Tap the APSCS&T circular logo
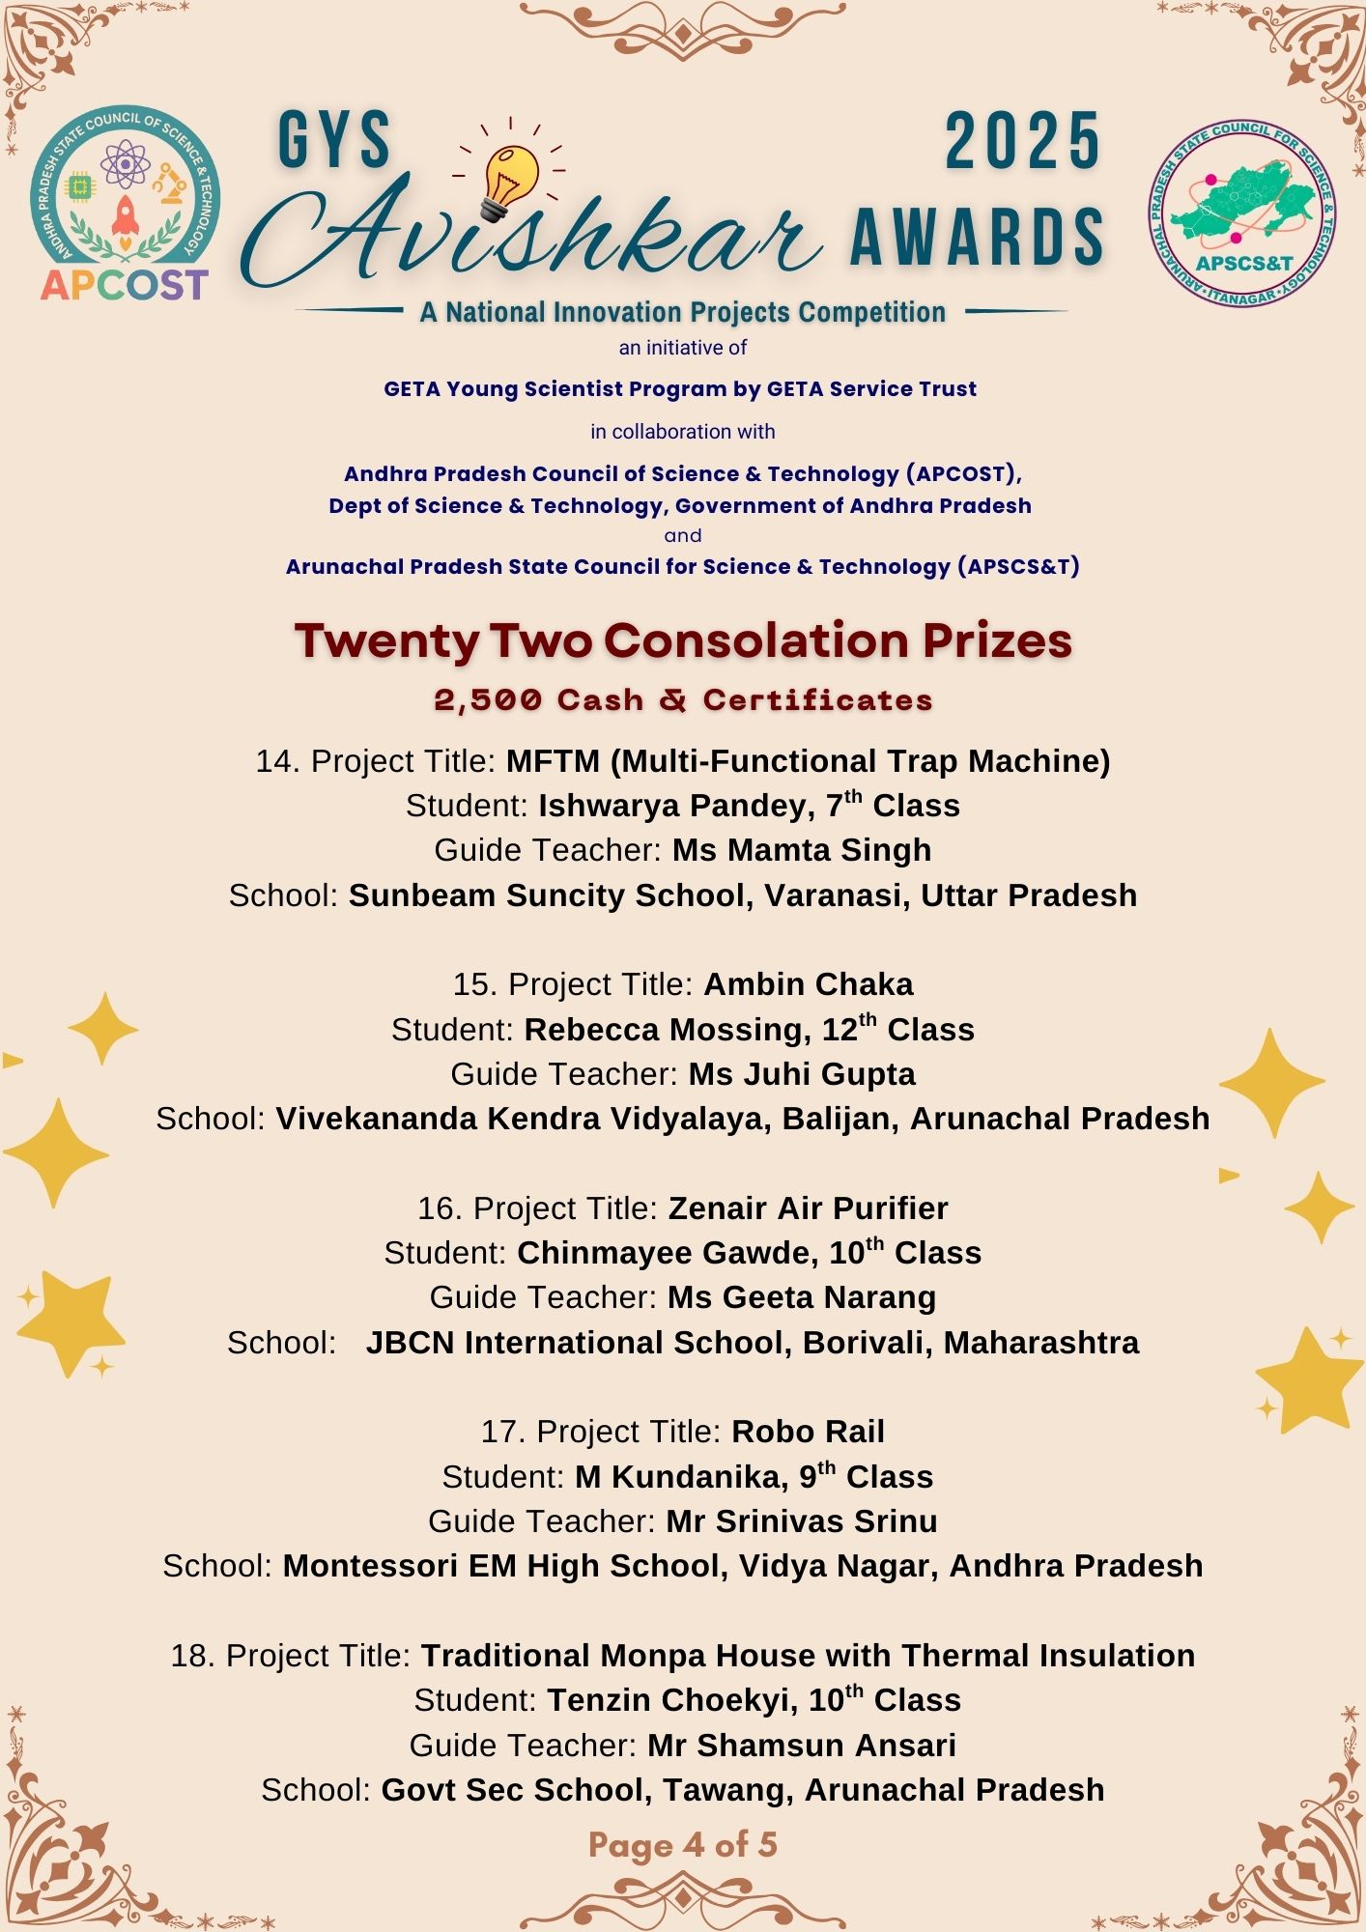(1243, 213)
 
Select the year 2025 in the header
(1022, 142)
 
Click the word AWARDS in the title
(977, 237)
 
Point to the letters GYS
(334, 142)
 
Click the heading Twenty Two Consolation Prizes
(683, 640)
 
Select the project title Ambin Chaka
(809, 984)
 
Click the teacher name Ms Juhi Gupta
(802, 1074)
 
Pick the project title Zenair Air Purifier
(808, 1208)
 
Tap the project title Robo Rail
(808, 1432)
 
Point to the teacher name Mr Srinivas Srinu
(802, 1521)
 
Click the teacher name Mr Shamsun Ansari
(802, 1746)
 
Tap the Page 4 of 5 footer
(683, 1845)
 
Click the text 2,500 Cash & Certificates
(683, 700)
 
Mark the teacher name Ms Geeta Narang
(802, 1297)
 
